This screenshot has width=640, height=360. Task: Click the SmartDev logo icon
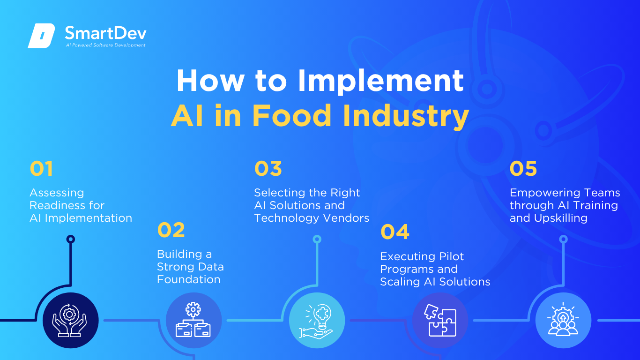(x=41, y=36)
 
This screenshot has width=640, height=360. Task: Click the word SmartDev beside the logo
(x=105, y=33)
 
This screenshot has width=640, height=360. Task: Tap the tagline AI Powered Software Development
(x=105, y=45)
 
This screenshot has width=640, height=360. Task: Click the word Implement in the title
(x=381, y=80)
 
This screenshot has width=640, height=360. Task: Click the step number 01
(x=41, y=169)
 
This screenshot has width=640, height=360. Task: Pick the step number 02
(x=171, y=230)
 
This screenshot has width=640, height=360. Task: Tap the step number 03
(x=268, y=169)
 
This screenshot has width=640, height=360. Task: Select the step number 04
(x=395, y=232)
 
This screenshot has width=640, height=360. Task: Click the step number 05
(x=523, y=169)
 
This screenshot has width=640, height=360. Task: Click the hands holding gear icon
(x=70, y=321)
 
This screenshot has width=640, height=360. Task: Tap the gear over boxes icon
(x=193, y=321)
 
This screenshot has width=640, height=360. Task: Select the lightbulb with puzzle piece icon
(x=317, y=321)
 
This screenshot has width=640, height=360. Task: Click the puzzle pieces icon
(x=440, y=321)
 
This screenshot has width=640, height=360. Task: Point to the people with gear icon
(x=563, y=321)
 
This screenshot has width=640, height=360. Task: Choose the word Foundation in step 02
(x=188, y=279)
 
